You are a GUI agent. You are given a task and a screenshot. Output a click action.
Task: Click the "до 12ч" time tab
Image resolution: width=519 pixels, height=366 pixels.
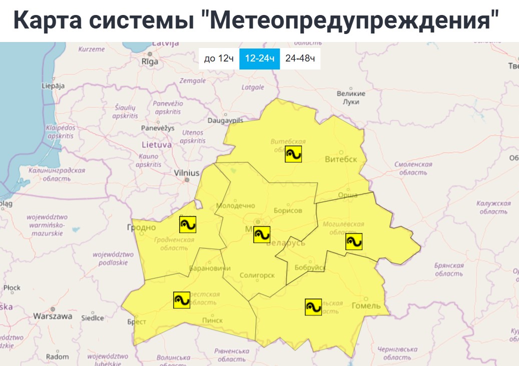[219, 59]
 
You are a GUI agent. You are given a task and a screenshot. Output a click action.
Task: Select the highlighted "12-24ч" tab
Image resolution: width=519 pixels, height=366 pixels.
[259, 59]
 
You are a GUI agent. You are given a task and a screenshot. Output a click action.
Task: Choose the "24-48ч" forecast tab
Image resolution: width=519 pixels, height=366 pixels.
[300, 59]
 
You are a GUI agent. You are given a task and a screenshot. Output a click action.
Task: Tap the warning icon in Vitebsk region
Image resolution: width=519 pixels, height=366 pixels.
[293, 154]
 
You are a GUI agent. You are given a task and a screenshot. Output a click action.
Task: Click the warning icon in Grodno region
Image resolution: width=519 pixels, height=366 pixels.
[188, 224]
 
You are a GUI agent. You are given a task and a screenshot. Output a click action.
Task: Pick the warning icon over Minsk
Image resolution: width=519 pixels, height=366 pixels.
[262, 234]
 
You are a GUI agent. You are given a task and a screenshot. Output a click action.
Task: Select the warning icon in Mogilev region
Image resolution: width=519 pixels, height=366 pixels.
[354, 242]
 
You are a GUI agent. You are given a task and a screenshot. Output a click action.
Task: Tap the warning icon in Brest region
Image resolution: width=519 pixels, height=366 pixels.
[182, 300]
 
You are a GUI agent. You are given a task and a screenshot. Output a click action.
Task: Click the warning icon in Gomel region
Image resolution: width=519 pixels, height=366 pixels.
[313, 306]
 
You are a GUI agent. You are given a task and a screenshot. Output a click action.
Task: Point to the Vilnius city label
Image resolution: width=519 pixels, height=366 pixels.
[187, 173]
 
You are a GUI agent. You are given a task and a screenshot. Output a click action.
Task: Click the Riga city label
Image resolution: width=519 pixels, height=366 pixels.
[150, 61]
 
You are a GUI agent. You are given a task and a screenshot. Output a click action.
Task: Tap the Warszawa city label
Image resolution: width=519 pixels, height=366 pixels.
[53, 316]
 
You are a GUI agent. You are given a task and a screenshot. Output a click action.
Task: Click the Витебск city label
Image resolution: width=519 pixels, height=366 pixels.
[341, 159]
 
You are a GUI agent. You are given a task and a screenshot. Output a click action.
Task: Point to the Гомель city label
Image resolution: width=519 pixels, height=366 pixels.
[366, 305]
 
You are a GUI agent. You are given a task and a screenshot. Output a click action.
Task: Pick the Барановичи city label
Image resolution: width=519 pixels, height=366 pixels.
[209, 268]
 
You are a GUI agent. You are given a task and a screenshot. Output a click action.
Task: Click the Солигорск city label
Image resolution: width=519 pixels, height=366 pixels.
[257, 275]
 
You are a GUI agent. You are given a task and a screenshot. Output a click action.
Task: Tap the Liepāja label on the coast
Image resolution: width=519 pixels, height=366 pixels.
[53, 85]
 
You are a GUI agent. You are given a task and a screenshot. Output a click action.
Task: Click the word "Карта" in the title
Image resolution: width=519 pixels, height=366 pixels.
[44, 21]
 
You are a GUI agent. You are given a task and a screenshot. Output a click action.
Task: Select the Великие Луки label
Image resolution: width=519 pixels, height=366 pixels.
[351, 97]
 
